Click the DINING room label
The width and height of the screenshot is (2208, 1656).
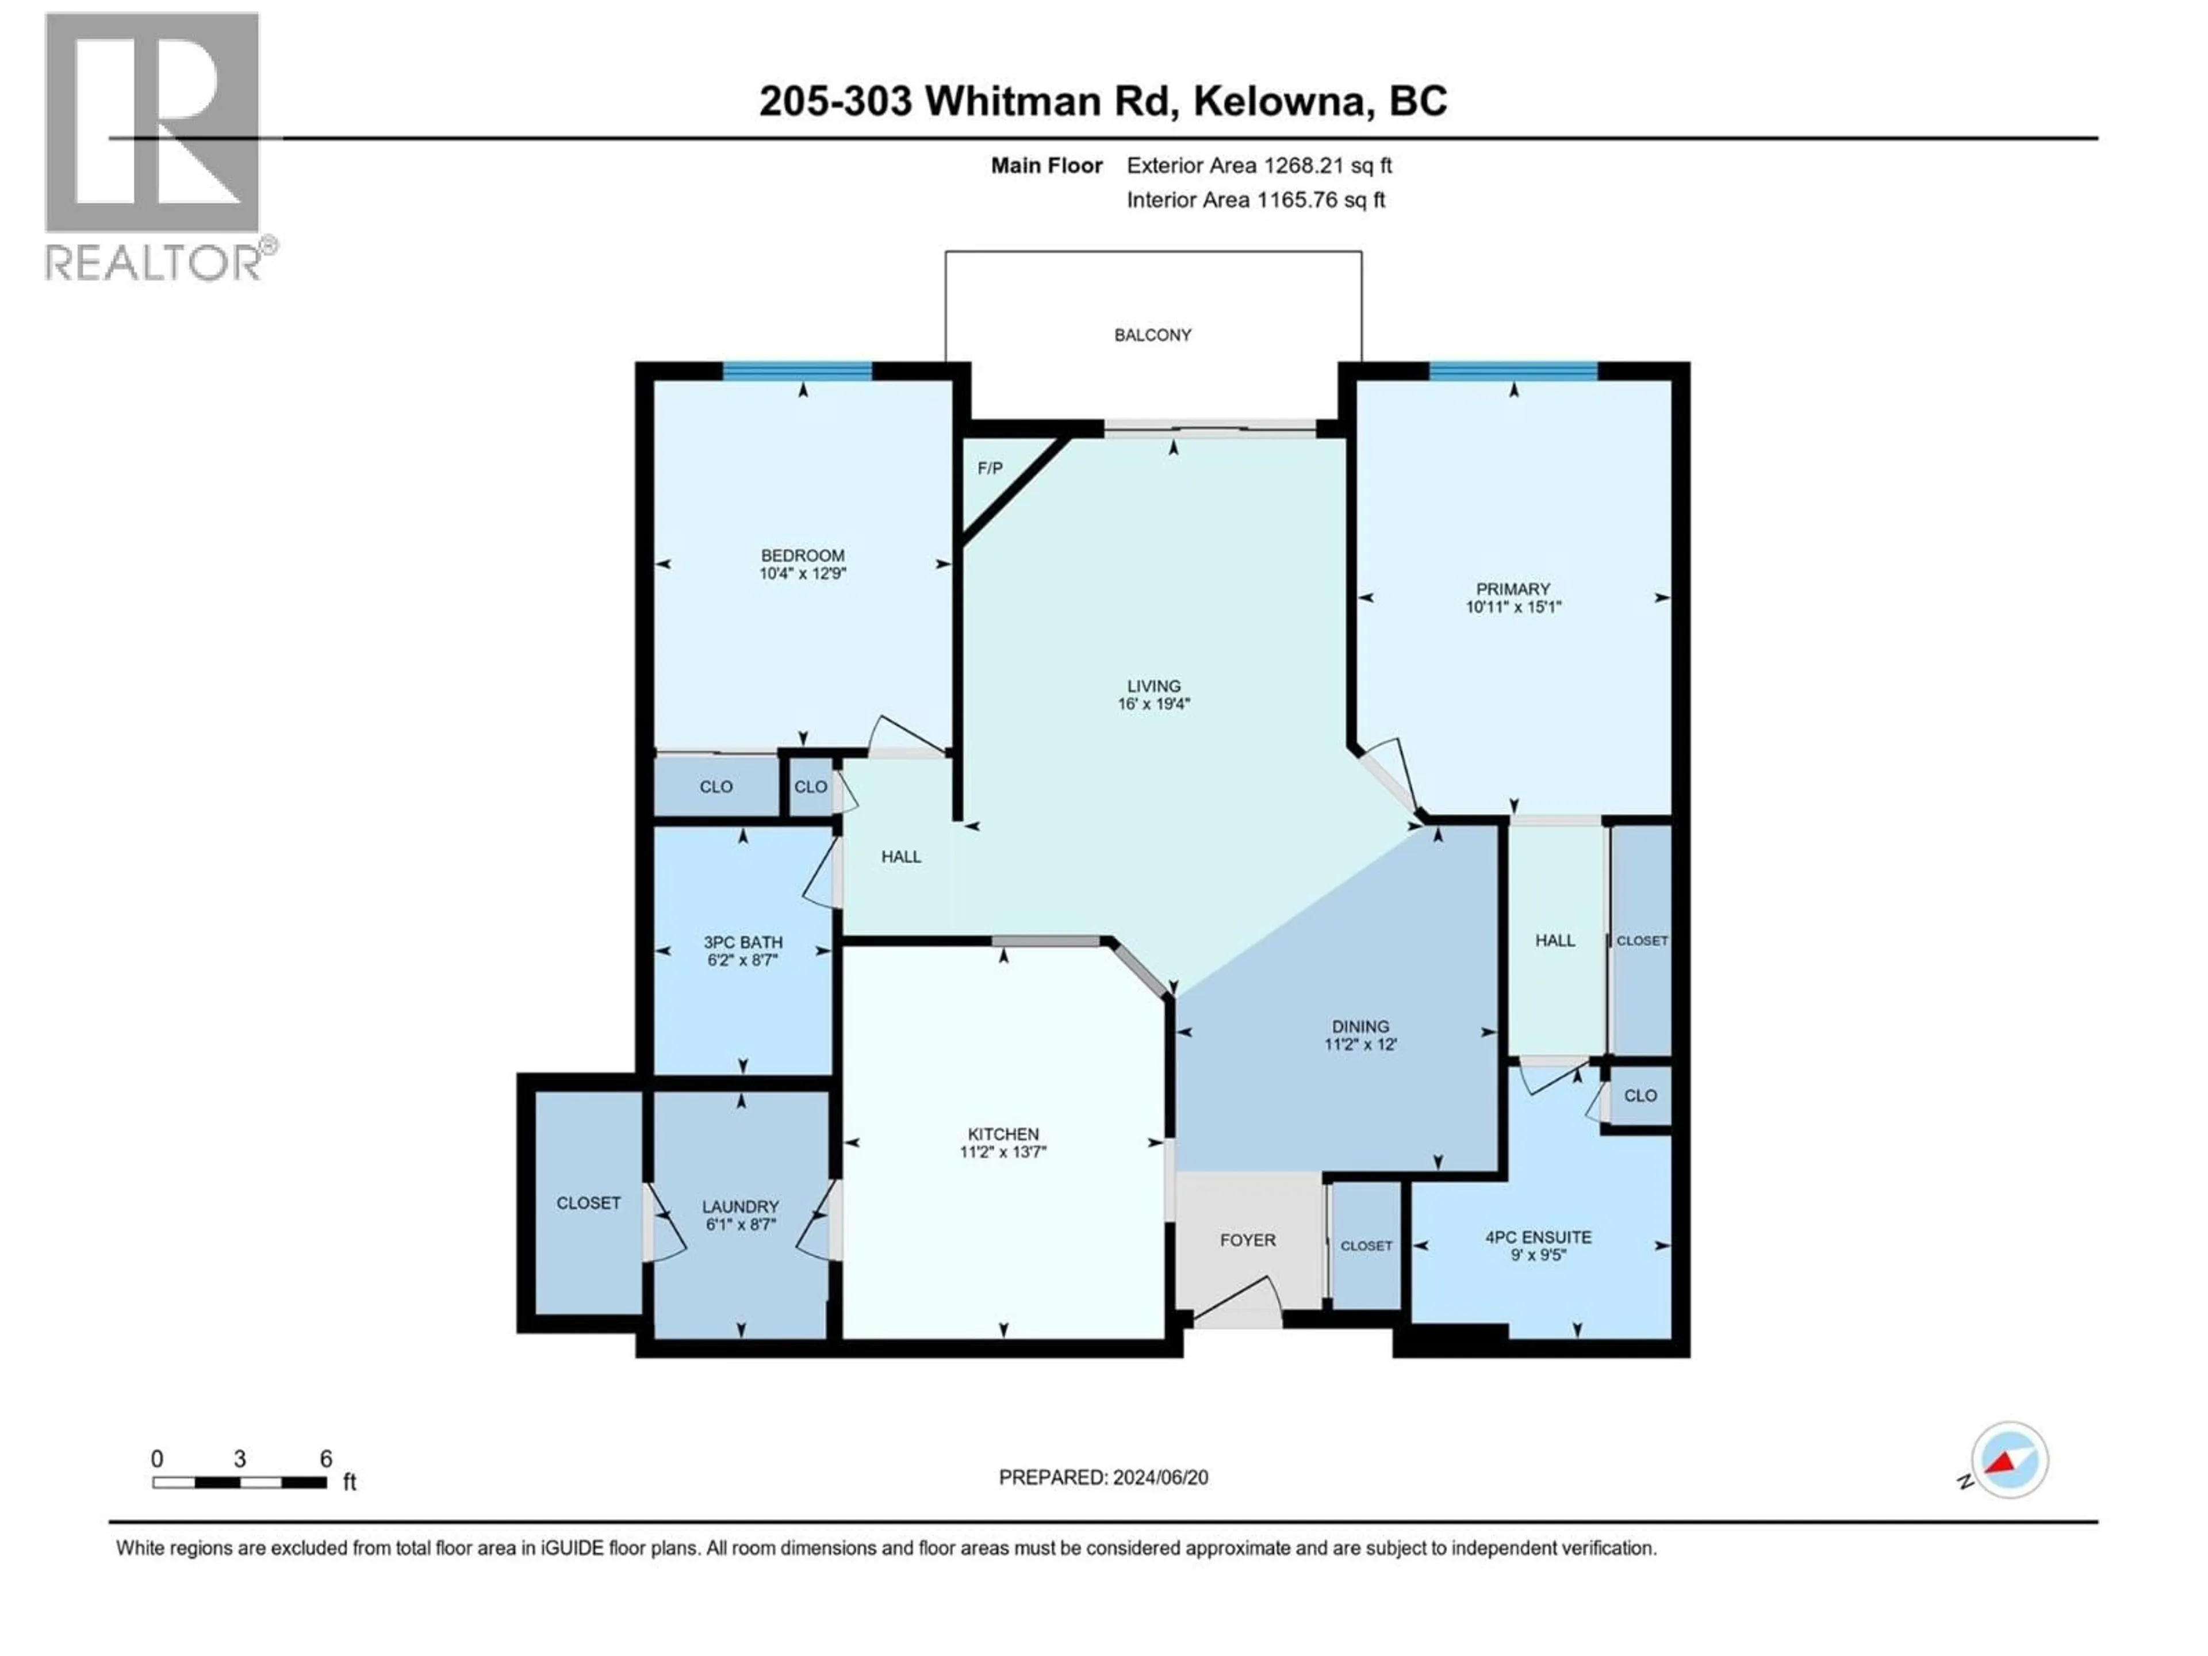pyautogui.click(x=1359, y=1026)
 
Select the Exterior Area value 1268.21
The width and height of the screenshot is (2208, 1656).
pyautogui.click(x=1302, y=166)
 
